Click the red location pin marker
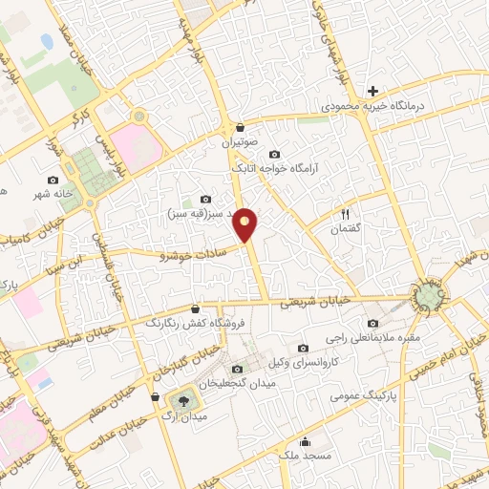pyautogui.click(x=245, y=223)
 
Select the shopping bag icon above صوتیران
pyautogui.click(x=239, y=126)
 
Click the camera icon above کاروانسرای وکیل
pyautogui.click(x=304, y=348)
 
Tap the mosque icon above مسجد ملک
pyautogui.click(x=305, y=441)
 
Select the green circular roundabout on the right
pyautogui.click(x=429, y=299)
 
